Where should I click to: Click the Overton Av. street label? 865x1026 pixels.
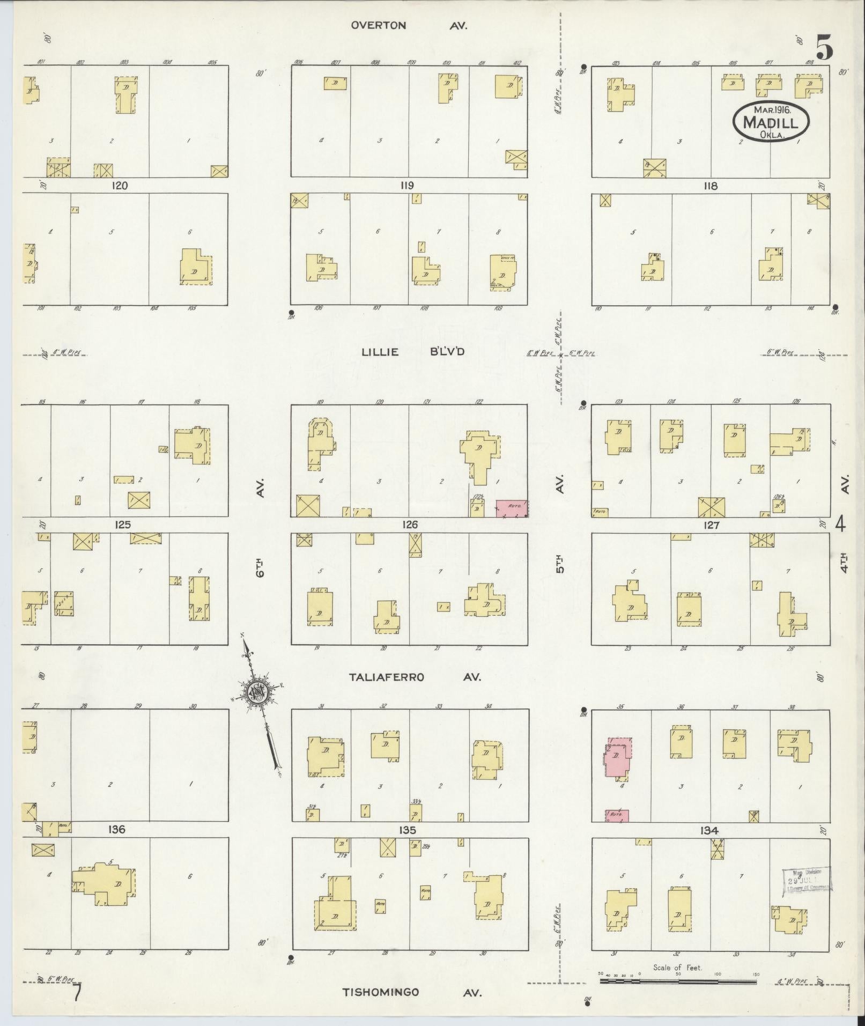click(409, 25)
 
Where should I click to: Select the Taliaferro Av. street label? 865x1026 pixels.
click(415, 677)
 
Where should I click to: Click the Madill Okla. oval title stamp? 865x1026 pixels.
click(770, 122)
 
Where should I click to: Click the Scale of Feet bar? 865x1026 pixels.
click(678, 981)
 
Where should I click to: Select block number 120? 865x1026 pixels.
click(120, 186)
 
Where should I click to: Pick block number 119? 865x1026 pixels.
click(406, 186)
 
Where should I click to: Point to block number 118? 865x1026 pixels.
click(711, 186)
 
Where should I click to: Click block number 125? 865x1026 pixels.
click(123, 525)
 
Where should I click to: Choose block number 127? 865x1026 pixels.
click(711, 526)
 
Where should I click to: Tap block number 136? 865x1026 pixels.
click(116, 829)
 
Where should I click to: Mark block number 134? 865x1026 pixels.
click(708, 831)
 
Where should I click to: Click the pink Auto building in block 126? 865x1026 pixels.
click(511, 508)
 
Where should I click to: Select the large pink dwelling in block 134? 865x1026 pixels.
click(617, 759)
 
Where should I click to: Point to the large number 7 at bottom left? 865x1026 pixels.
click(78, 992)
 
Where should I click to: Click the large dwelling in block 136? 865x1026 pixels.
click(106, 883)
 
